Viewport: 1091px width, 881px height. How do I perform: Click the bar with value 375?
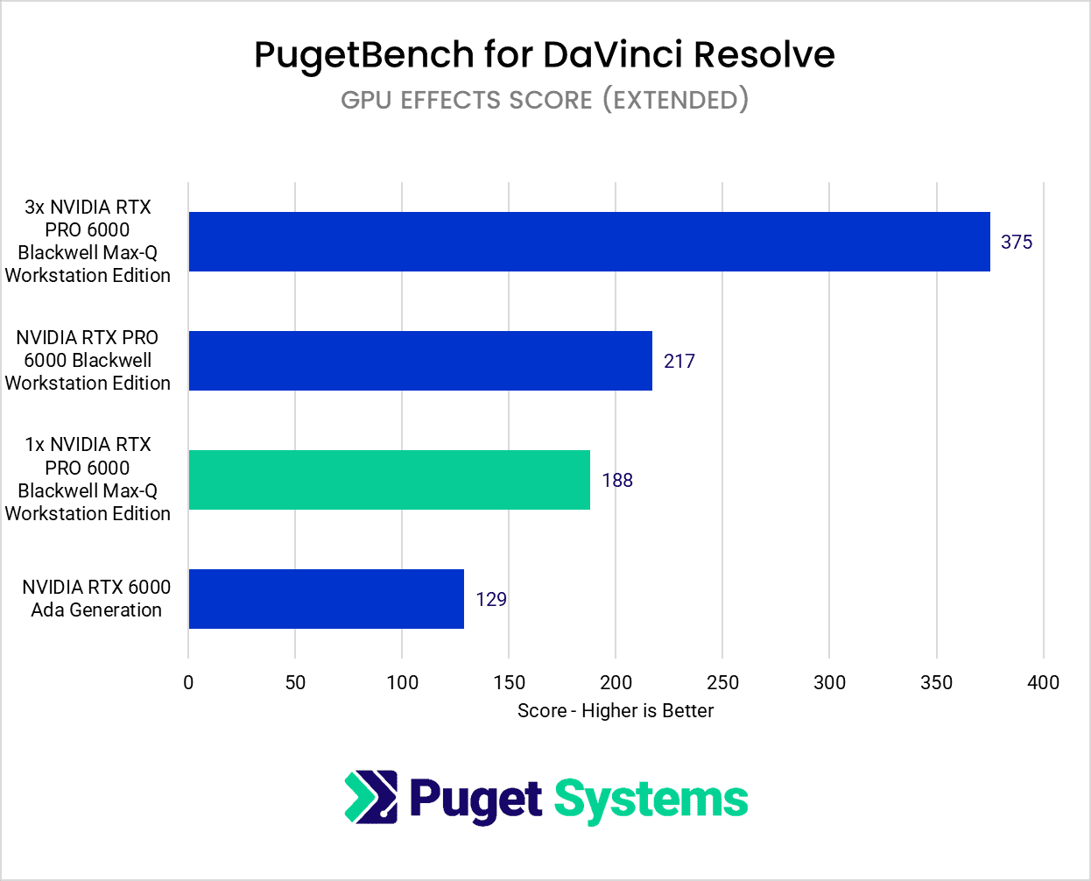(588, 242)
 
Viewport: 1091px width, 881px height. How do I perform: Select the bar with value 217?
(420, 361)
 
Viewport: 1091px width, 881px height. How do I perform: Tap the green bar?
(389, 480)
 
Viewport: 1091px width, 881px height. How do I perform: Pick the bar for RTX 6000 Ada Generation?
(326, 599)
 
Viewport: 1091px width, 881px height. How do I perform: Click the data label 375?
(1017, 243)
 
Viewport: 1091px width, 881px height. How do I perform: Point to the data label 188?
(617, 481)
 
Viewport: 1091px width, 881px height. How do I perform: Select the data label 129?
(491, 600)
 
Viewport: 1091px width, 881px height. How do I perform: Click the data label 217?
(679, 362)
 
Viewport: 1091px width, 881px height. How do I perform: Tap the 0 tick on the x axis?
(188, 683)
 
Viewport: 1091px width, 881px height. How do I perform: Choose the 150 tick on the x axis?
(509, 683)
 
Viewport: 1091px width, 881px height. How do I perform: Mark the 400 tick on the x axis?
(1043, 683)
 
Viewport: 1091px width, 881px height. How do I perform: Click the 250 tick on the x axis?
(722, 683)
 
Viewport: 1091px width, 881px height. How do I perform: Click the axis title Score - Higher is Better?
(616, 711)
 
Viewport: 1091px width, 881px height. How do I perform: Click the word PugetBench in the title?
(363, 55)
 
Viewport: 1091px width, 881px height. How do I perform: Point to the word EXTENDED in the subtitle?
(675, 100)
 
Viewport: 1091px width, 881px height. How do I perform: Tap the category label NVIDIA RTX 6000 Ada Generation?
(96, 599)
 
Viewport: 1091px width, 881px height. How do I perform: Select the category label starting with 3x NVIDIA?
(88, 242)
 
